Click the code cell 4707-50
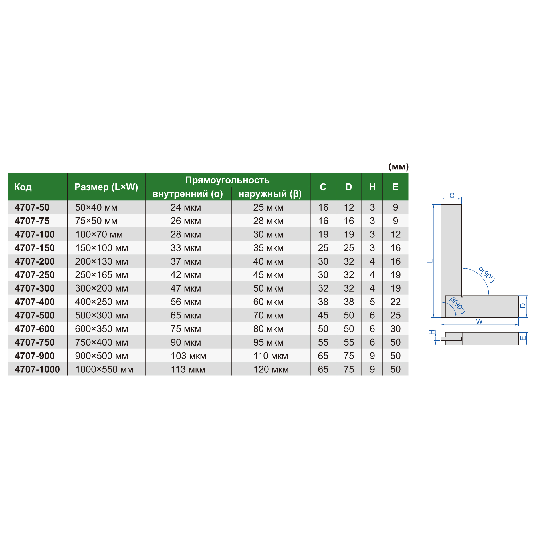point(32,207)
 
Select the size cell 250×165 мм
point(101,275)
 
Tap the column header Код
point(23,187)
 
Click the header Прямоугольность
point(227,180)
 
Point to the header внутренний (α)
point(188,194)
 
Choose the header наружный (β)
point(270,194)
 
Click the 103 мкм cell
point(188,356)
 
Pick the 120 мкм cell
point(271,370)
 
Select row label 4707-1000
point(37,370)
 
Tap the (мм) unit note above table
point(399,167)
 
